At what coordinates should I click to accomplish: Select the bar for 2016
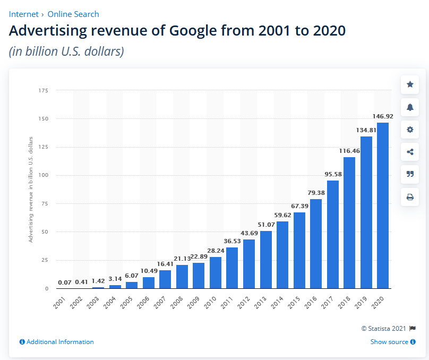pyautogui.click(x=315, y=244)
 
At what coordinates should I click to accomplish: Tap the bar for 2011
pyautogui.click(x=232, y=268)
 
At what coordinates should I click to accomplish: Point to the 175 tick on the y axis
pyautogui.click(x=44, y=91)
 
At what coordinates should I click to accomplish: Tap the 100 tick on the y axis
pyautogui.click(x=44, y=175)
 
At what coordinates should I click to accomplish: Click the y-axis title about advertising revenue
pyautogui.click(x=31, y=190)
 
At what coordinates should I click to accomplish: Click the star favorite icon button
pyautogui.click(x=410, y=84)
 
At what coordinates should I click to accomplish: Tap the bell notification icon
pyautogui.click(x=410, y=107)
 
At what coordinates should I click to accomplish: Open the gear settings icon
pyautogui.click(x=410, y=130)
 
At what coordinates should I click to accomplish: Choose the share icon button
pyautogui.click(x=410, y=152)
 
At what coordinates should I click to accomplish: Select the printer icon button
pyautogui.click(x=410, y=197)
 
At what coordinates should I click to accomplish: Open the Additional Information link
pyautogui.click(x=57, y=342)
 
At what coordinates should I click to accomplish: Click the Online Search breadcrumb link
pyautogui.click(x=73, y=14)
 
